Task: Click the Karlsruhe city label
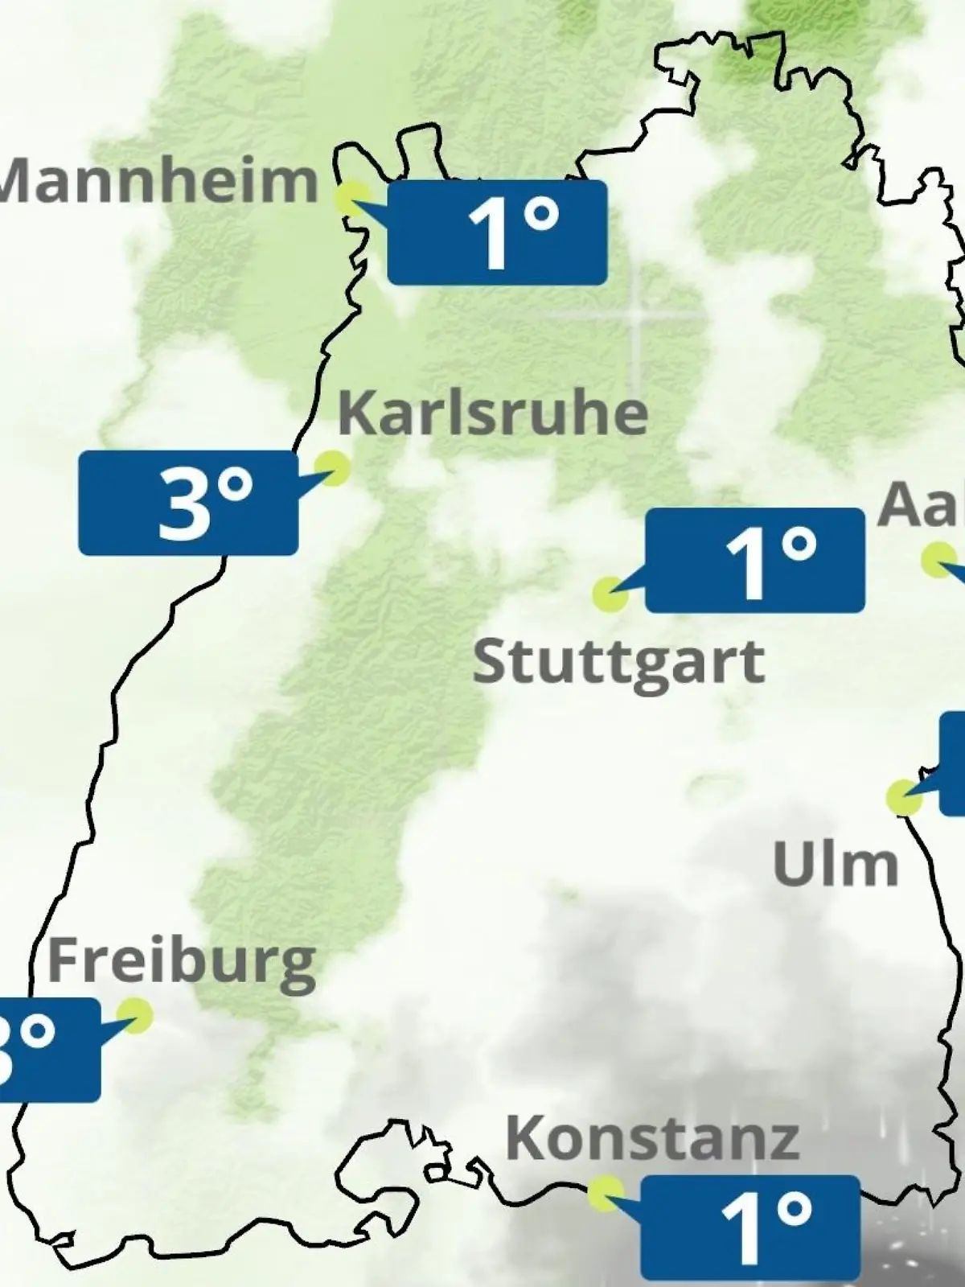tap(492, 413)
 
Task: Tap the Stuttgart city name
tap(618, 664)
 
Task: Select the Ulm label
tap(835, 865)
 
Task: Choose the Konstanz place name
tap(652, 1138)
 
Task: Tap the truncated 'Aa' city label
tap(921, 505)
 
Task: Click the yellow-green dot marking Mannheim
tap(352, 198)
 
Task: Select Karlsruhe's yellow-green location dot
tap(331, 467)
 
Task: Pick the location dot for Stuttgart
tap(610, 594)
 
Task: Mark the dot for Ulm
tap(904, 797)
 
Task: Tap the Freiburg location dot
tap(134, 1015)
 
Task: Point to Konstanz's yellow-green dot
tap(605, 1193)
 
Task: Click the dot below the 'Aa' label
tap(938, 560)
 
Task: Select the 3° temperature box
tap(188, 503)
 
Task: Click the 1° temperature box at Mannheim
tap(497, 232)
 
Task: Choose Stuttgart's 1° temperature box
tap(755, 560)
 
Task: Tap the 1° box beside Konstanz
tap(750, 1227)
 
